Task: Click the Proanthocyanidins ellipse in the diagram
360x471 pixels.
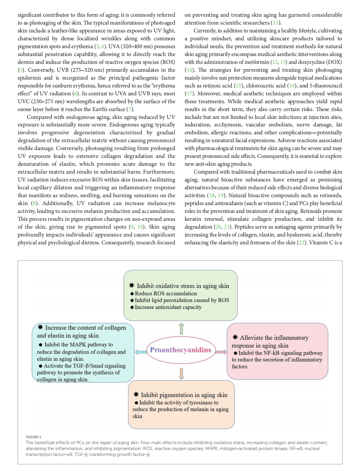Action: point(181,350)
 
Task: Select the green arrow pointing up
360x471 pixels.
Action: point(181,329)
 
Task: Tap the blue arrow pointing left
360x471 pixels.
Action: point(141,352)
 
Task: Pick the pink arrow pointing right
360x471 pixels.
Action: point(221,352)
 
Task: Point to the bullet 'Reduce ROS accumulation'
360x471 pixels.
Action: point(166,293)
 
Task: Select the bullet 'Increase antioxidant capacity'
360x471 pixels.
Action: point(168,307)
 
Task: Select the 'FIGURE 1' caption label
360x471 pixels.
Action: point(33,437)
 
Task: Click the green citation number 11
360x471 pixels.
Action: point(276,23)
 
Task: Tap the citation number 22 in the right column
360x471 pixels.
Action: point(301,243)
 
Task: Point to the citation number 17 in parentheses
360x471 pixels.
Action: point(189,94)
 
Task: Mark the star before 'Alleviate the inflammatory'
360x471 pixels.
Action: point(235,337)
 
